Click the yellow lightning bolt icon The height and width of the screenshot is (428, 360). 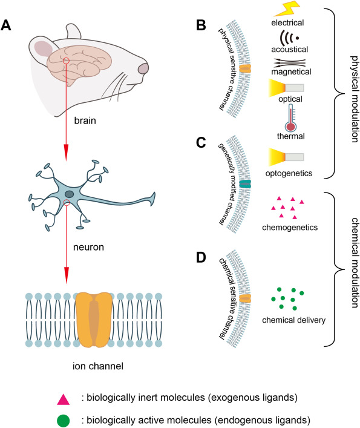(287, 8)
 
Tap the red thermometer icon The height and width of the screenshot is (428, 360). (291, 119)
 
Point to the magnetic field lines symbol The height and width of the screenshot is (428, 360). (289, 63)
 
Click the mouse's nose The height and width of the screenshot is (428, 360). (143, 68)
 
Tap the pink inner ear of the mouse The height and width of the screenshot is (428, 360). (43, 49)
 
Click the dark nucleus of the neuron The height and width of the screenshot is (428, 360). (69, 194)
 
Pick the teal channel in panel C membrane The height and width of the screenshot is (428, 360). (245, 184)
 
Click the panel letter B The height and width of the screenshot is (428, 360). (201, 25)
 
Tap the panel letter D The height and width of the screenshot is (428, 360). (201, 257)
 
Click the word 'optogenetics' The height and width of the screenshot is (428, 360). (289, 173)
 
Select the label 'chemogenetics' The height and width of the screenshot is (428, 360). (290, 227)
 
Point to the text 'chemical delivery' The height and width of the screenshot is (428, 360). (293, 320)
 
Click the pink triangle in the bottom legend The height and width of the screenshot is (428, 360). (64, 400)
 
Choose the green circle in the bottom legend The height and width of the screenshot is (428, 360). (64, 420)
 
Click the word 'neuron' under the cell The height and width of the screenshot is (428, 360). (88, 247)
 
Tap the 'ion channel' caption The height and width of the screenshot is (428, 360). (98, 366)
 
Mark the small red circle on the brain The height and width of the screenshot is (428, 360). (66, 61)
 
